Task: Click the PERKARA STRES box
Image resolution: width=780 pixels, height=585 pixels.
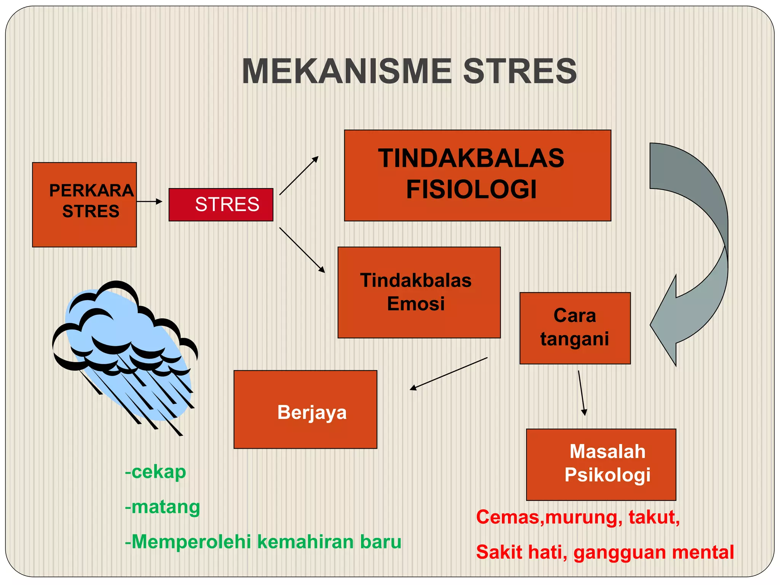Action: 85,205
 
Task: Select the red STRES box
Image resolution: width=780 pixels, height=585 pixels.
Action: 221,205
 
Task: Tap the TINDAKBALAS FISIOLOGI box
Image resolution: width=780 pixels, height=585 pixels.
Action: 477,175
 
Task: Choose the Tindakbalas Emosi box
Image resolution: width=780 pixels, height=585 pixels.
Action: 419,292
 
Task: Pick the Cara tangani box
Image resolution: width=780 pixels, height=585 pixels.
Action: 575,328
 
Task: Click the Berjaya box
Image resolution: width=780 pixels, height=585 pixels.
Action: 305,409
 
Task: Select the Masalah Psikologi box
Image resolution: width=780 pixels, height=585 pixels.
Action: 601,464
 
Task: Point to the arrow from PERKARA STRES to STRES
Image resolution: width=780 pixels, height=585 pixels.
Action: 149,201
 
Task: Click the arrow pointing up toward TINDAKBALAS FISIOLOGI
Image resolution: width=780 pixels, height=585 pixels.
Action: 299,176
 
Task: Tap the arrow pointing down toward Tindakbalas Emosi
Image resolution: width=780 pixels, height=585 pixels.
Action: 302,250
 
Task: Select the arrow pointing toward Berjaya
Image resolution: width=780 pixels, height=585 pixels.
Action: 448,374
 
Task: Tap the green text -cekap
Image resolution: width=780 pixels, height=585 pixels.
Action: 155,472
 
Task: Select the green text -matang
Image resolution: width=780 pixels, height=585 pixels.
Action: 162,507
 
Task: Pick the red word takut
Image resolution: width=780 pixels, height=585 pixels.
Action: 654,517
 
